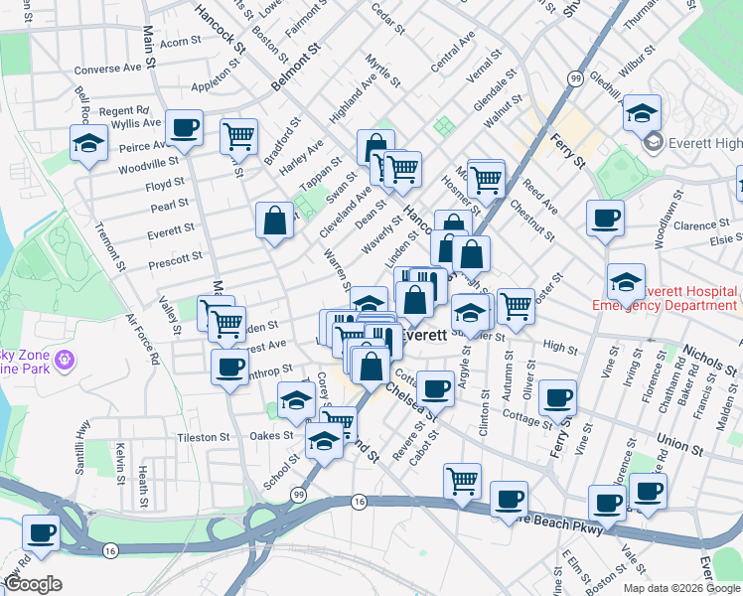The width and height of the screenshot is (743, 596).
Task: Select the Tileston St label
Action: pyautogui.click(x=203, y=436)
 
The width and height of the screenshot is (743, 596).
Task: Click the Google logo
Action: pyautogui.click(x=33, y=583)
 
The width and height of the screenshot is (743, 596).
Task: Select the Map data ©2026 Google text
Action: pyautogui.click(x=681, y=588)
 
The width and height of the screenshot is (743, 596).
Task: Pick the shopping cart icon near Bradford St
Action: pyautogui.click(x=238, y=135)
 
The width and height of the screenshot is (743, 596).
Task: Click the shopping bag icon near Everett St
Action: pyautogui.click(x=275, y=222)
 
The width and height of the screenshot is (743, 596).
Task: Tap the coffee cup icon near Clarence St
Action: pyautogui.click(x=604, y=219)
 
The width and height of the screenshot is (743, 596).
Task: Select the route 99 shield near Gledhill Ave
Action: pyautogui.click(x=575, y=78)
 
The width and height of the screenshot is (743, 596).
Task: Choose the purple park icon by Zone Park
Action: pyautogui.click(x=67, y=359)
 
